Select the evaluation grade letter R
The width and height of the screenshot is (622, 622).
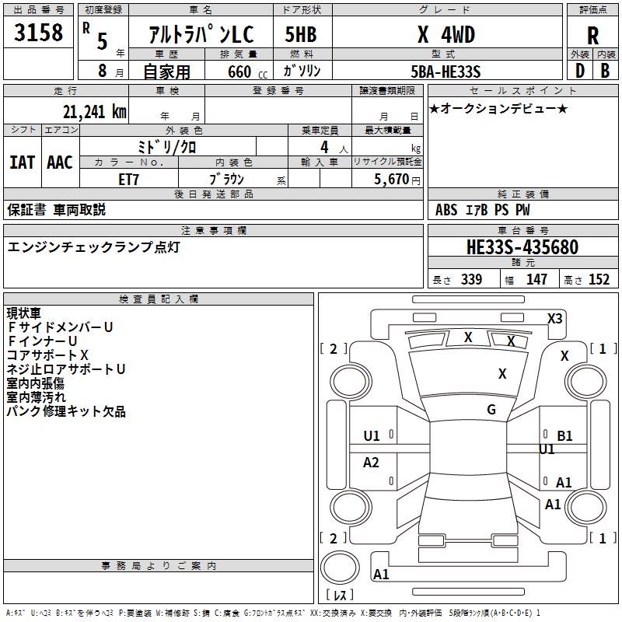coord(592,35)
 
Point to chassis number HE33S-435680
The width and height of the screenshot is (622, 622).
coord(522,247)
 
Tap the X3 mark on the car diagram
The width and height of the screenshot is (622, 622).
coord(554,318)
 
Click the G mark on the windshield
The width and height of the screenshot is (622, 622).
coord(491,409)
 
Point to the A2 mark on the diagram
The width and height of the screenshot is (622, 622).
coord(371,463)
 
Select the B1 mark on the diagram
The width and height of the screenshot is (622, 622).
coord(564,436)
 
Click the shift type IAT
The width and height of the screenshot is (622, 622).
coord(22,162)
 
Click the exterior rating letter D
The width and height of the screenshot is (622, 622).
coord(578,71)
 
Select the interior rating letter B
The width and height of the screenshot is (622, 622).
coord(606,71)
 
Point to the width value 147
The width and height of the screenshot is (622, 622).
coord(536,279)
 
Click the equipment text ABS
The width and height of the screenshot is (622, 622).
coord(446,209)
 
